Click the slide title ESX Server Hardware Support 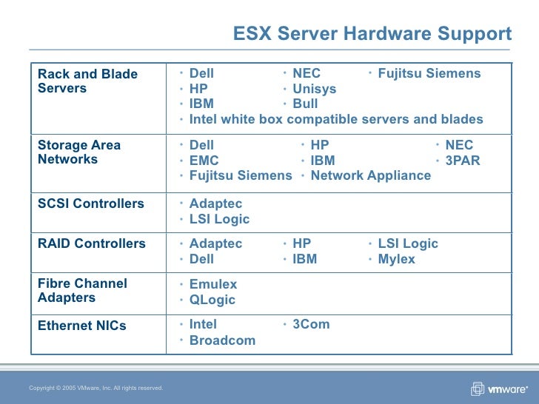372,34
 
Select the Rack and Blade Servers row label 87,81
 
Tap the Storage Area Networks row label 79,152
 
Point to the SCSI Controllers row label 91,203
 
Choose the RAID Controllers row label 92,243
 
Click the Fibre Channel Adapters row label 82,291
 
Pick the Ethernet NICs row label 82,325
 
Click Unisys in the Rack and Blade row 314,89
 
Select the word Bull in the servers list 305,104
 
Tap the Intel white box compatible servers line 336,119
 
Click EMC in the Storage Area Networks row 204,161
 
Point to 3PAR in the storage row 462,161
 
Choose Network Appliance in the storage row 370,175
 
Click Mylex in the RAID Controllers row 396,259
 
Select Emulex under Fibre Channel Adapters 213,284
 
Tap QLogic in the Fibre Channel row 212,300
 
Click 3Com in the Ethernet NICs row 311,324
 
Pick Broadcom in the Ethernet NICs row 222,340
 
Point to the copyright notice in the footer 96,388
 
